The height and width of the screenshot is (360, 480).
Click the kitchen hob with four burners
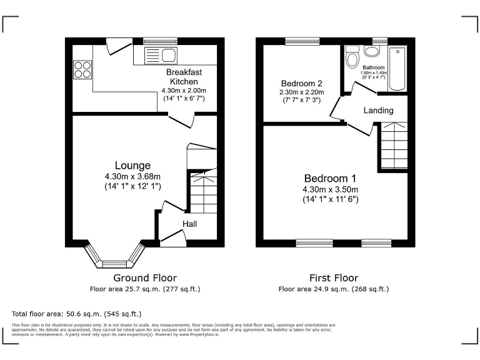(82, 68)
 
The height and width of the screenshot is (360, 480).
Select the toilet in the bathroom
(352, 58)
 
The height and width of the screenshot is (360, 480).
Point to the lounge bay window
(114, 256)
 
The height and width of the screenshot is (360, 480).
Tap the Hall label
(190, 224)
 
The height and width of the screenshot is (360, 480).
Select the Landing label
(379, 111)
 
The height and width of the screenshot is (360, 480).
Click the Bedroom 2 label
(301, 84)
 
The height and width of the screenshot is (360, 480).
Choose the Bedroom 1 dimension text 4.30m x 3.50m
(331, 189)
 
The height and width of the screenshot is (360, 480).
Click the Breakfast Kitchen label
(184, 77)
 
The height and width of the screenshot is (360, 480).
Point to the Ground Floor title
(144, 277)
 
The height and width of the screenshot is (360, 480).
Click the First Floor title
(333, 277)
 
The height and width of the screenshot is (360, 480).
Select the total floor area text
(77, 314)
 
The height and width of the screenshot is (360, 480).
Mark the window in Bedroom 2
(302, 41)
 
